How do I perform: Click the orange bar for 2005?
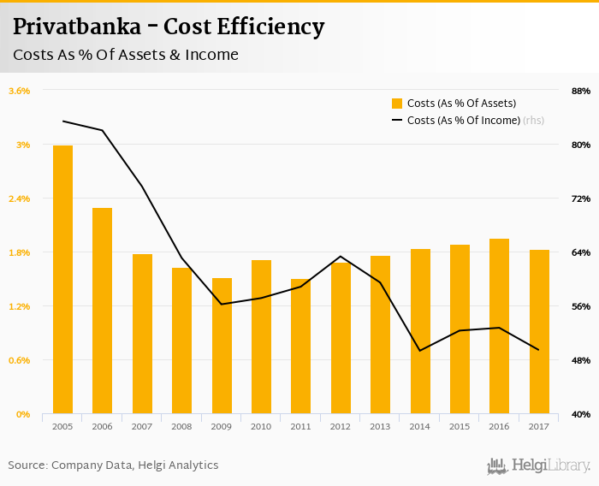(x=62, y=280)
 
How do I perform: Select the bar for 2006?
(x=102, y=311)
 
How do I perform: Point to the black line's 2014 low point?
(x=420, y=351)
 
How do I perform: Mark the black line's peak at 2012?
(x=341, y=257)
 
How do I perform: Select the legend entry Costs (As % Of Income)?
(x=463, y=121)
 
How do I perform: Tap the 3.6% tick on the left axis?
(x=19, y=91)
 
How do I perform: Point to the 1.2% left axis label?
(x=19, y=306)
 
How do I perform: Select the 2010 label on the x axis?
(x=261, y=426)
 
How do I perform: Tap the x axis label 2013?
(x=380, y=426)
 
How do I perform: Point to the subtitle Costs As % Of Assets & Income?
(x=125, y=56)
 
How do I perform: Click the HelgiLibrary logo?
(x=538, y=465)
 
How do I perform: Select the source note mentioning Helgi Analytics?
(x=113, y=465)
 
